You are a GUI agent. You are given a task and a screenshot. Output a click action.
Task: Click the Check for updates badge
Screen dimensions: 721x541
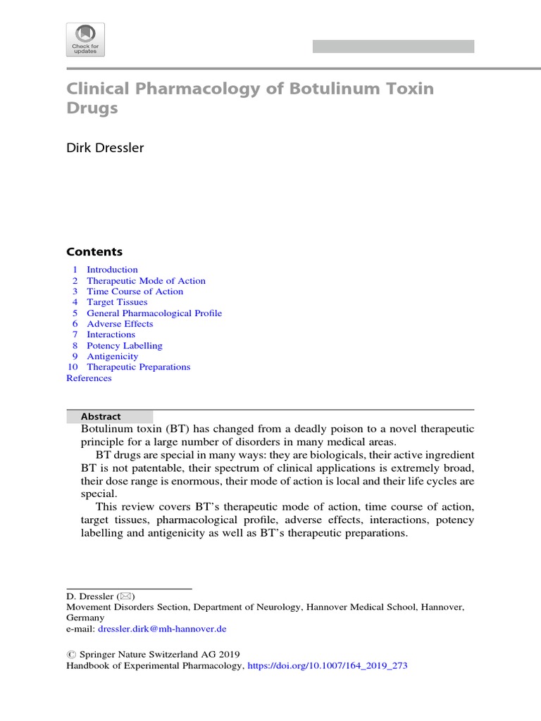pos(85,39)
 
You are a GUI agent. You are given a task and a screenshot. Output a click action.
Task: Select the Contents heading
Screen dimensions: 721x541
pos(94,252)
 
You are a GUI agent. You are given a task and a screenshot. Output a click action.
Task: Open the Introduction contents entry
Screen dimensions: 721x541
pos(112,270)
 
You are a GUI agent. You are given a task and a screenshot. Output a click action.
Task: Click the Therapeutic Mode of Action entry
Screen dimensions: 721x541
pos(146,281)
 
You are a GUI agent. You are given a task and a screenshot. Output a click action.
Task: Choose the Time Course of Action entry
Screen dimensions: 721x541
pos(135,291)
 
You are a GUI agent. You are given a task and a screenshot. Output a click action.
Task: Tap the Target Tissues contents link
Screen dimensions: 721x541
pos(117,302)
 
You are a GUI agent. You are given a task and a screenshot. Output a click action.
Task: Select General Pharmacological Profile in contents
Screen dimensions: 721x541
pos(154,313)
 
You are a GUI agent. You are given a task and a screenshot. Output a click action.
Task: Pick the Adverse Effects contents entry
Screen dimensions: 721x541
pos(120,324)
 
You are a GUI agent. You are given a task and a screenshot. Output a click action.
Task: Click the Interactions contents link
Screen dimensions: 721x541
pos(111,334)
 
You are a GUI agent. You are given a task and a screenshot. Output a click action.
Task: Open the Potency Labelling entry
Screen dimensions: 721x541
pos(124,346)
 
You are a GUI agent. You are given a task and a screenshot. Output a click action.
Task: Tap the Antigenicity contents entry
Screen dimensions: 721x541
pos(112,356)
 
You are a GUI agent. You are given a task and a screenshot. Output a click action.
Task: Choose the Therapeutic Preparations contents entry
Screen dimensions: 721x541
pos(138,367)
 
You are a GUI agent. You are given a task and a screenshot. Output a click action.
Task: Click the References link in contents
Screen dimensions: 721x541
pos(89,378)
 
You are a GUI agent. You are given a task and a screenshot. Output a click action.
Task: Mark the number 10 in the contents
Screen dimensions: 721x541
pos(72,367)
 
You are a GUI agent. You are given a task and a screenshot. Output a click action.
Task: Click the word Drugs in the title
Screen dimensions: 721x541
pos(92,109)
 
